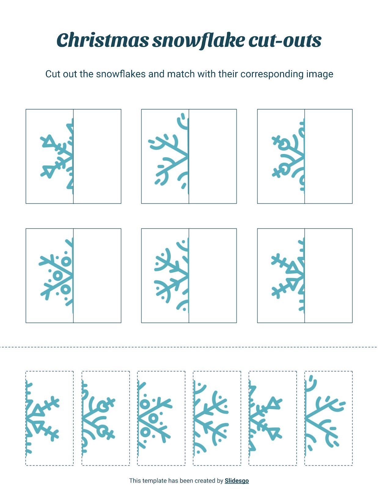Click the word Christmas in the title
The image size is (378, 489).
click(x=103, y=40)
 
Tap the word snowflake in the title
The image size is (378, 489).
click(x=198, y=40)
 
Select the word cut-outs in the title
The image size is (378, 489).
click(x=285, y=40)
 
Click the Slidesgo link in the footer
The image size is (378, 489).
click(x=237, y=480)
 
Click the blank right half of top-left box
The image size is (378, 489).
click(x=97, y=156)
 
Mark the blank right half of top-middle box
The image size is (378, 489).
click(x=213, y=156)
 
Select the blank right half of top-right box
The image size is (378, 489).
click(x=328, y=156)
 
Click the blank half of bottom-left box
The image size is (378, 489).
click(x=97, y=275)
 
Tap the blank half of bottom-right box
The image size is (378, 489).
click(x=328, y=275)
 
